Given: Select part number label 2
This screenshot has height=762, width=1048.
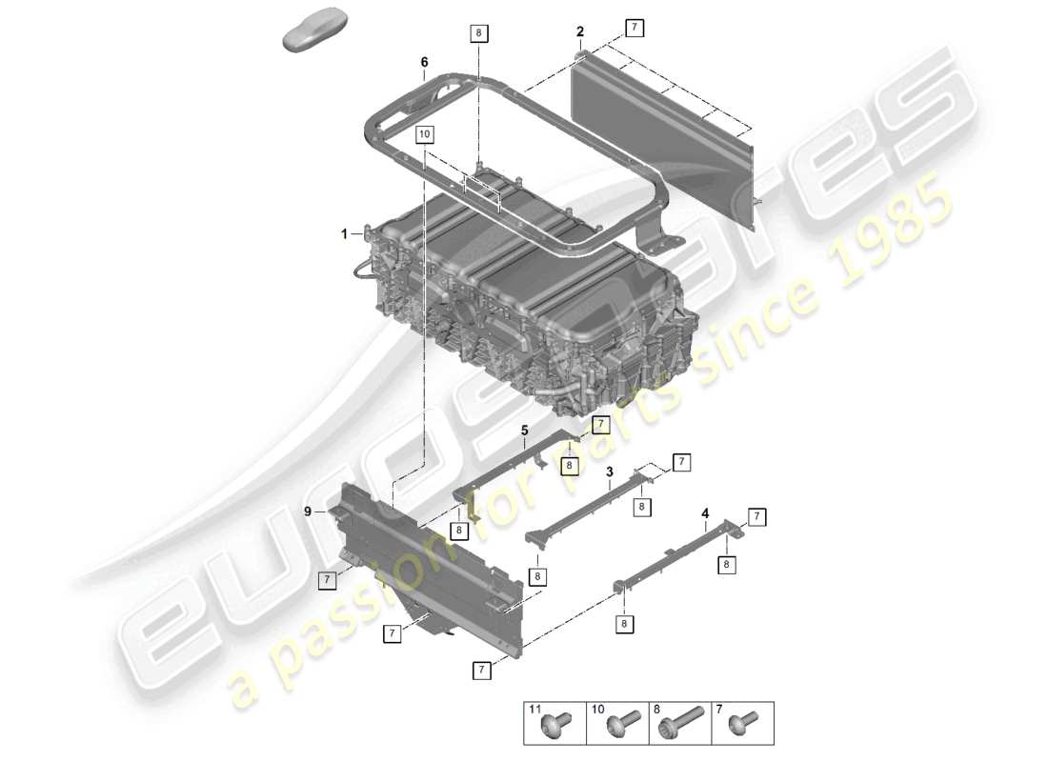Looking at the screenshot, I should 579,32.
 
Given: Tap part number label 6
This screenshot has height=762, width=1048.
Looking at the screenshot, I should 424,62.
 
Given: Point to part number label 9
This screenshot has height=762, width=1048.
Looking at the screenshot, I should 308,511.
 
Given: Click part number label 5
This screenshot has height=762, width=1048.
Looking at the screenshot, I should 524,431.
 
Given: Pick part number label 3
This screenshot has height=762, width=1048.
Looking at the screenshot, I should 609,471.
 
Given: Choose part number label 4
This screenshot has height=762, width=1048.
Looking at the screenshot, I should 705,513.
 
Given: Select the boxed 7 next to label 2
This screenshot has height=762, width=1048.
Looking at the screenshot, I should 634,27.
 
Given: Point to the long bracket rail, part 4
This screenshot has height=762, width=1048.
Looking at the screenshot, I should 676,556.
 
